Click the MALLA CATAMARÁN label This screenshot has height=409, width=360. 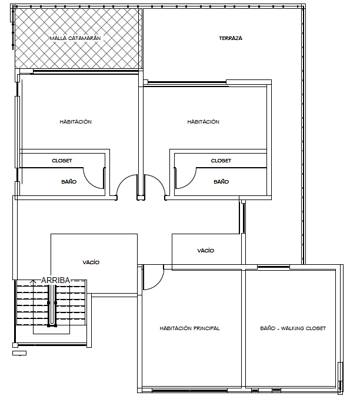point(75,38)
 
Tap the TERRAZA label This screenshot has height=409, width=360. point(231,38)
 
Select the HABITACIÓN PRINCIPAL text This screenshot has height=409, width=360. point(189,328)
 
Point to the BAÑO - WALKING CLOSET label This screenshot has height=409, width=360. point(293,328)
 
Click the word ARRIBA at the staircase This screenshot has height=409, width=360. point(55,280)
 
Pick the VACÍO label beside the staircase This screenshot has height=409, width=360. point(91,262)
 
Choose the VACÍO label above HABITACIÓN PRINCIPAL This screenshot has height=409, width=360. point(206,251)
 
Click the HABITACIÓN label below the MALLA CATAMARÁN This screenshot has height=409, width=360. point(76,122)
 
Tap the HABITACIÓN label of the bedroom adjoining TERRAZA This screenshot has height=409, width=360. point(204,122)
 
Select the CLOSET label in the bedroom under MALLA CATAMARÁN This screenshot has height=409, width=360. point(62,161)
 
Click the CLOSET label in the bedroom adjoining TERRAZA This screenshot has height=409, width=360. point(221,161)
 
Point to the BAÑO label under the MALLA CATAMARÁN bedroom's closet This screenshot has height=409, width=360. point(69,181)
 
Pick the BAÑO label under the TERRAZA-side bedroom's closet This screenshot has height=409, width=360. point(221,181)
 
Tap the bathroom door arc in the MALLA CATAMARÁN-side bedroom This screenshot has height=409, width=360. point(89,182)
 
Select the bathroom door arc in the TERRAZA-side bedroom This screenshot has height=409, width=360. point(191,182)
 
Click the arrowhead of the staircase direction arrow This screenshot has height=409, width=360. point(33,281)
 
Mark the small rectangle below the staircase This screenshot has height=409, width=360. point(19,353)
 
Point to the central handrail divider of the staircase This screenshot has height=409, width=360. point(52,305)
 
